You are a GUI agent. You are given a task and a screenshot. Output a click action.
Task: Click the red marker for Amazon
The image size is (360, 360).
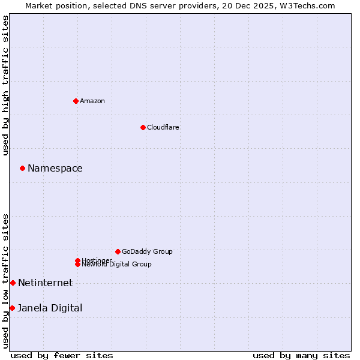click(76, 101)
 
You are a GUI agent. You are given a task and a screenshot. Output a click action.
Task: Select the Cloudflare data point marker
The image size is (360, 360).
click(143, 127)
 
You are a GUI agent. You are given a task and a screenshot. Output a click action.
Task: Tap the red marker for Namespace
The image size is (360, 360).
click(22, 168)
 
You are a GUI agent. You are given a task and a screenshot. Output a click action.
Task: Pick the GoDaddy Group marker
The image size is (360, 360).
click(118, 251)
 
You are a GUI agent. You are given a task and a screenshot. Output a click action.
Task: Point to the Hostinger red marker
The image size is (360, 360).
click(77, 260)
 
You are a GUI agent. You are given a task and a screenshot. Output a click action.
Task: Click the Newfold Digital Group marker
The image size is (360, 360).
click(77, 264)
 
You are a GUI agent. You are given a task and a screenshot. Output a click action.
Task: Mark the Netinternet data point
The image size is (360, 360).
click(13, 283)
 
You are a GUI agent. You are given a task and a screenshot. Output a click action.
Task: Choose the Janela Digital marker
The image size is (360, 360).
click(12, 308)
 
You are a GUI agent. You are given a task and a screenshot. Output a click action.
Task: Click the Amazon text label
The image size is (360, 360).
click(92, 101)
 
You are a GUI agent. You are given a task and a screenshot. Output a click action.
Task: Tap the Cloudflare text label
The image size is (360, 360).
click(163, 127)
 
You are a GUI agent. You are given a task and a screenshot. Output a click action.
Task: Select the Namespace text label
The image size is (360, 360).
click(55, 168)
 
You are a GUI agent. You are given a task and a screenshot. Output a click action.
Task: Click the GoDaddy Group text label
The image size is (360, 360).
click(147, 251)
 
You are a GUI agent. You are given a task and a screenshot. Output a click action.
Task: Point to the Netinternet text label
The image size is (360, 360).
click(45, 283)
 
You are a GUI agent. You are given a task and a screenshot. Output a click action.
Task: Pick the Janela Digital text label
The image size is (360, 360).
click(50, 308)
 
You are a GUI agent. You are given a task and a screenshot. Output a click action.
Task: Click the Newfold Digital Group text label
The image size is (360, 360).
click(116, 265)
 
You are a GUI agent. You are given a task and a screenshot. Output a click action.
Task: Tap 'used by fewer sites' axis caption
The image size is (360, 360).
click(62, 355)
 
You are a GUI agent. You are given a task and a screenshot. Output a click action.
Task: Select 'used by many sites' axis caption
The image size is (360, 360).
click(301, 355)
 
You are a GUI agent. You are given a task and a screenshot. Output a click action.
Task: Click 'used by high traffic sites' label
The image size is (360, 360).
click(5, 85)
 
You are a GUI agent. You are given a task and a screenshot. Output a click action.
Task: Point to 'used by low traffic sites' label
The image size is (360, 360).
click(5, 280)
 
